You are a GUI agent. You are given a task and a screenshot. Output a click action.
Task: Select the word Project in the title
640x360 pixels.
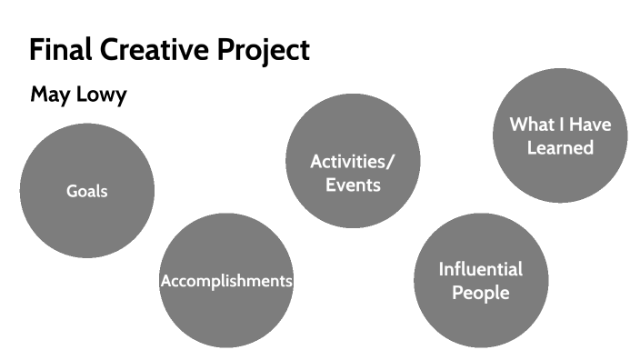tap(262, 51)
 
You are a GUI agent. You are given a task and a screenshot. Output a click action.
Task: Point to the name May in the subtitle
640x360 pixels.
tap(49, 95)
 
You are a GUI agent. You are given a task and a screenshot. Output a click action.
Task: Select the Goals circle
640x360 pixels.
tap(86, 164)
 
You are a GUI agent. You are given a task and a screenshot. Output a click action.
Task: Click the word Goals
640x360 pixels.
tap(86, 191)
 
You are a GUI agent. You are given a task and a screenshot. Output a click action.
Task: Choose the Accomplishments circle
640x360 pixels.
tap(226, 309)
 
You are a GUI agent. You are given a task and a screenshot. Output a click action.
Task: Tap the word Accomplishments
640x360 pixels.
tap(226, 281)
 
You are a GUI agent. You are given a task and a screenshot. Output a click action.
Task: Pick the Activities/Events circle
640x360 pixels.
tap(353, 136)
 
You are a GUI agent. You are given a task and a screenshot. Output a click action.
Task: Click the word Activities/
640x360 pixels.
tap(353, 162)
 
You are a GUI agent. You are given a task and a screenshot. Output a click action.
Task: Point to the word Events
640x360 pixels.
tap(353, 185)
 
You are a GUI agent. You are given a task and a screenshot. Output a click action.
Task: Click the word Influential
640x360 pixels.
tap(481, 269)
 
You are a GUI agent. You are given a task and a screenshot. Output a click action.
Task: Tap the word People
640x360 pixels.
tap(481, 293)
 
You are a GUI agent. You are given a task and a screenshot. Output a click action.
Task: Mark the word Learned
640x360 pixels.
tap(560, 147)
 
